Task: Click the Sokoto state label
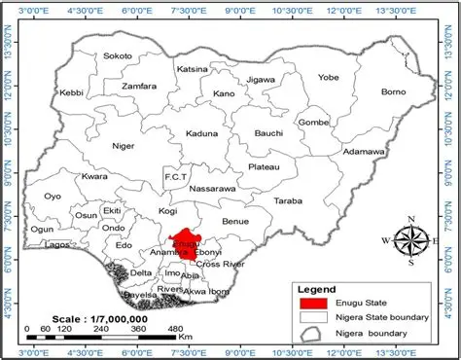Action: pyautogui.click(x=117, y=56)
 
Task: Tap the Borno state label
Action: pyautogui.click(x=393, y=92)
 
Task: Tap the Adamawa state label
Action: pyautogui.click(x=365, y=153)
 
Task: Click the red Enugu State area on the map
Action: pyautogui.click(x=180, y=244)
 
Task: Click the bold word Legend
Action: pyautogui.click(x=316, y=289)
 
